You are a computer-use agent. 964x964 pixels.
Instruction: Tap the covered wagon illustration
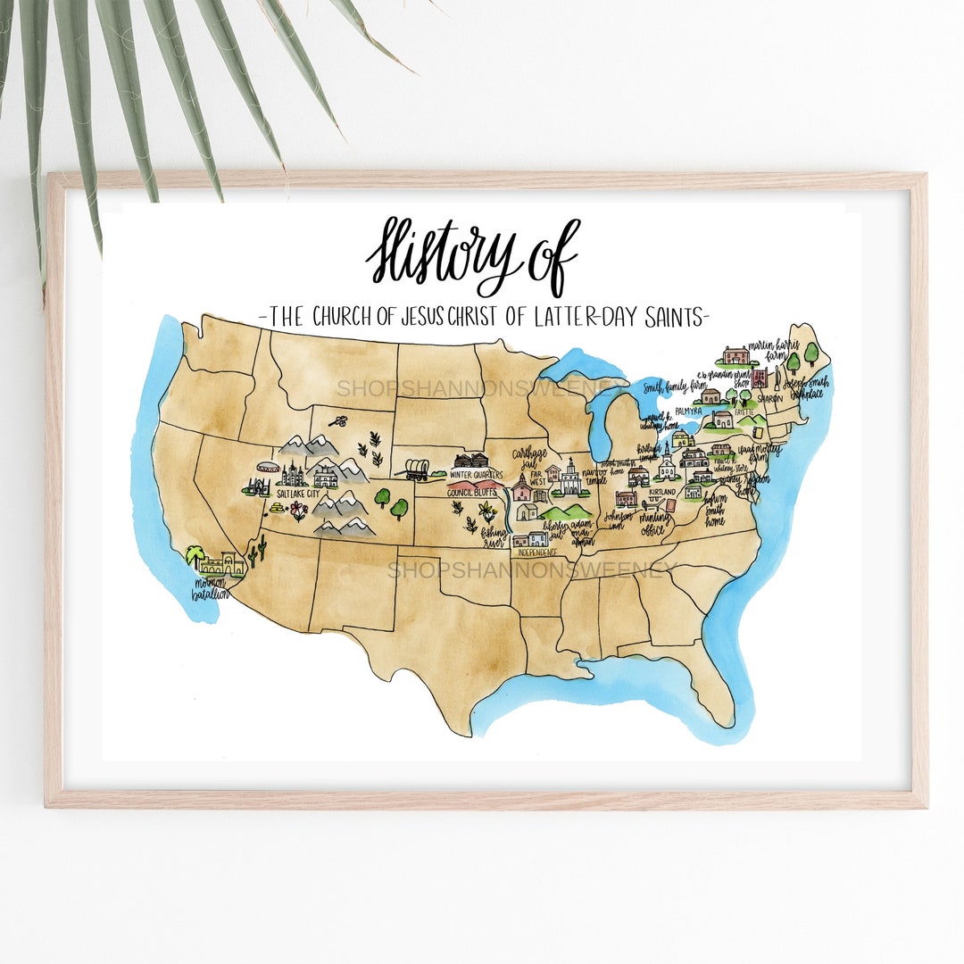pyautogui.click(x=416, y=470)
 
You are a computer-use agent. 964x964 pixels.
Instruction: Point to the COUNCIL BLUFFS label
pyautogui.click(x=474, y=492)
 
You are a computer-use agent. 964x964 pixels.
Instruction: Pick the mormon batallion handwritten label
pyautogui.click(x=212, y=590)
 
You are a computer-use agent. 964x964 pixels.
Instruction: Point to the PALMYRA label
pyautogui.click(x=688, y=411)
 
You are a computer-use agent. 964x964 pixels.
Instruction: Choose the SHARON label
pyautogui.click(x=769, y=399)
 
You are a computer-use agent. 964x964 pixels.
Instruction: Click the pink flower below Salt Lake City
pyautogui.click(x=298, y=511)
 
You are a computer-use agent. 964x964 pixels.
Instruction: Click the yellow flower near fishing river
pyautogui.click(x=487, y=511)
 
